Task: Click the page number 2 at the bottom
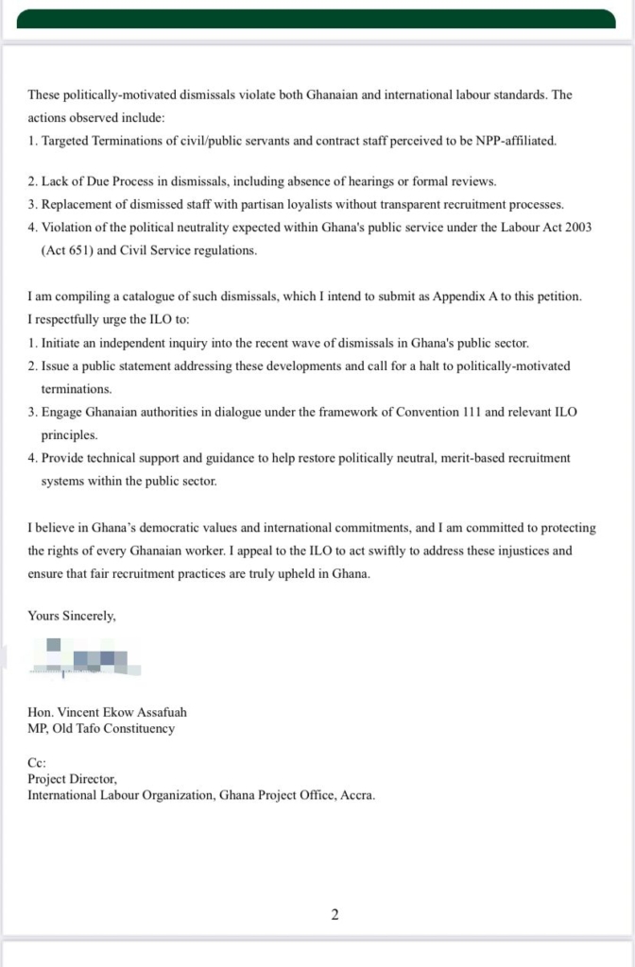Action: point(335,914)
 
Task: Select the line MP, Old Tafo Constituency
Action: point(101,728)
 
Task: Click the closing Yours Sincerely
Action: point(72,616)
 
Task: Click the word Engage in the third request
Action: point(62,414)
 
